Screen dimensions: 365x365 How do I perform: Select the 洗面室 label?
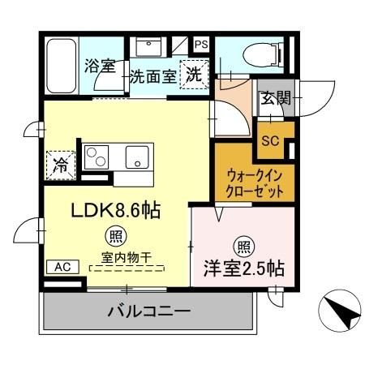pos(152,78)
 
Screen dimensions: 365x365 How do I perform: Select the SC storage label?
pos(270,140)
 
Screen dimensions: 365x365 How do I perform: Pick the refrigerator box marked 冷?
pos(62,161)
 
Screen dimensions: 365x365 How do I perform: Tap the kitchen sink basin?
pos(134,156)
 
